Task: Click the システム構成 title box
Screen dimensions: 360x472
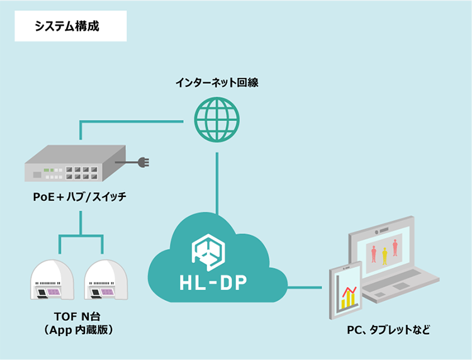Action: [x=70, y=27]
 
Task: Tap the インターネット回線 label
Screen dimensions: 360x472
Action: [x=216, y=82]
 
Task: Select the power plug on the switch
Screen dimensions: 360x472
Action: [x=142, y=163]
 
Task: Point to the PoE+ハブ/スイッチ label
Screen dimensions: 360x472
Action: [x=80, y=197]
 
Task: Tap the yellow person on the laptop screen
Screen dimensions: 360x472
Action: [x=384, y=255]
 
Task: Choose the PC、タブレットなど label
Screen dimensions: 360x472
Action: [x=389, y=330]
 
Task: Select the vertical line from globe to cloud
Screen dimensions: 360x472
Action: [x=216, y=183]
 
